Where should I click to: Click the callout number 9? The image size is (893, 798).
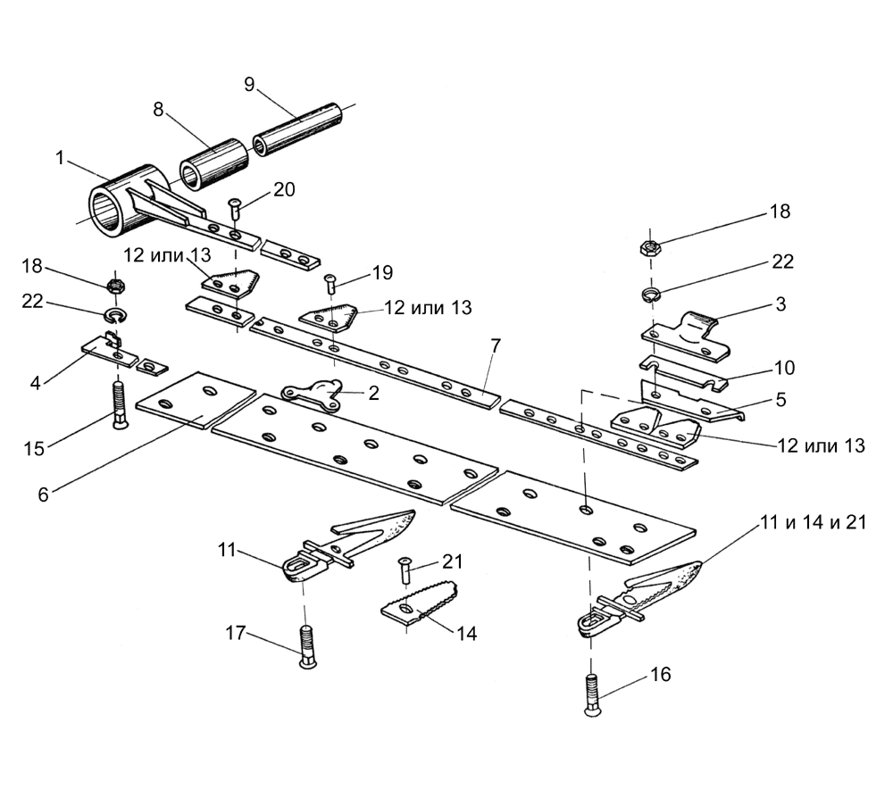click(x=249, y=84)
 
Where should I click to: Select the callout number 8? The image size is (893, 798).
click(x=158, y=109)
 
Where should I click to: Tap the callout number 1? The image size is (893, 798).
click(x=61, y=158)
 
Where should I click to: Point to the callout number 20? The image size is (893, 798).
click(x=284, y=189)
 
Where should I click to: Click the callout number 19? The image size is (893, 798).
click(x=383, y=272)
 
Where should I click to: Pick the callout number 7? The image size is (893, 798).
click(x=495, y=346)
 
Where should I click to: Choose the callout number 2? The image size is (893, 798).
click(x=373, y=393)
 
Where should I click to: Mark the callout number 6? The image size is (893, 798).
click(x=44, y=494)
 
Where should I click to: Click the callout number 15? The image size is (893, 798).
click(x=34, y=448)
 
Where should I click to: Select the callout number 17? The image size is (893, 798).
click(x=236, y=632)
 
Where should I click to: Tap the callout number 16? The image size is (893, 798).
click(x=661, y=675)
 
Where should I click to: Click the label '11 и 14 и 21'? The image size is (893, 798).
click(x=814, y=522)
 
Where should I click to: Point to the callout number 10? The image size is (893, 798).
click(x=784, y=368)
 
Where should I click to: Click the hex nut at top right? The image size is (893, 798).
click(x=650, y=247)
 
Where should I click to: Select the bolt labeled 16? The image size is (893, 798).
click(x=592, y=695)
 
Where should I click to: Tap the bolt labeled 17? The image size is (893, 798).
click(x=307, y=647)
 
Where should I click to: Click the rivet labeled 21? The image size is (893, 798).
click(x=405, y=570)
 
